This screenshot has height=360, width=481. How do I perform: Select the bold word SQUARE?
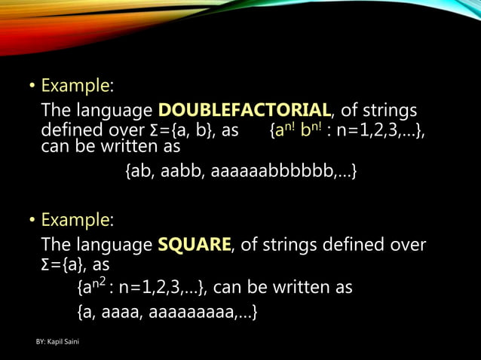point(195,244)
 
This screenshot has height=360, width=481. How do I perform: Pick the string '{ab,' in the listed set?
point(139,173)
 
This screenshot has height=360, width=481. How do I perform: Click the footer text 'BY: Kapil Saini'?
point(61,343)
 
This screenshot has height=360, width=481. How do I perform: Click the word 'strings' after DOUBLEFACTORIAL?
point(385,111)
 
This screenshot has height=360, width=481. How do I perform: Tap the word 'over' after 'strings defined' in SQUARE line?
point(408,244)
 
